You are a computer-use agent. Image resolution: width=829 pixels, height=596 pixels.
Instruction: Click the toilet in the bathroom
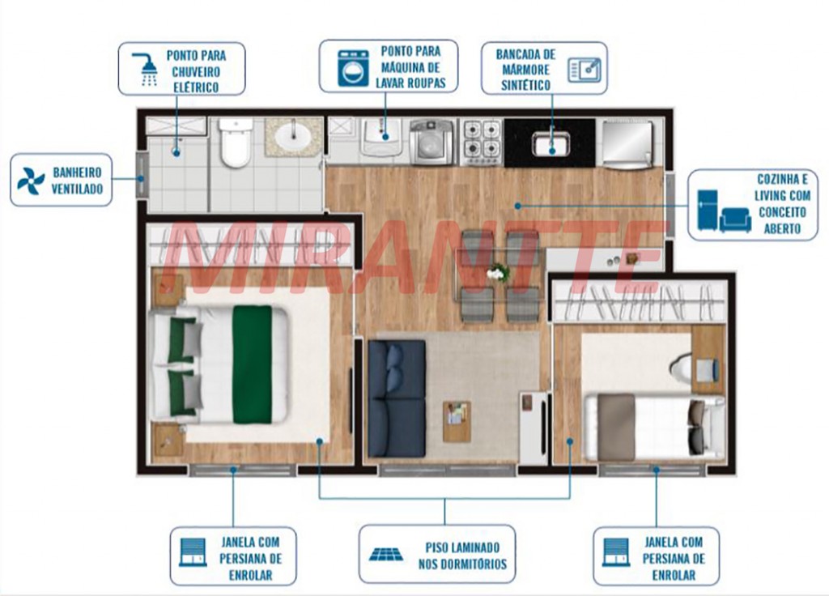tap(236, 142)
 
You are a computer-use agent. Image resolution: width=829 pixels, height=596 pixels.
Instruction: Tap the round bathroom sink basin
tap(293, 135)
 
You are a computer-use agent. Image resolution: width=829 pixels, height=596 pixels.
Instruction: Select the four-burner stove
tap(481, 142)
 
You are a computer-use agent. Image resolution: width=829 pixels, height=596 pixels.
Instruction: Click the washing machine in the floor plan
tap(432, 142)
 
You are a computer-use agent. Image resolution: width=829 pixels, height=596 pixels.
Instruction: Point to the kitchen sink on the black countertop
tap(551, 143)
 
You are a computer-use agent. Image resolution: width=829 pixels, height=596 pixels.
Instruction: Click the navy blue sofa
tap(397, 398)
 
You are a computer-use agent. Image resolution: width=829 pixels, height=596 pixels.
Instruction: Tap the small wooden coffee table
tap(457, 421)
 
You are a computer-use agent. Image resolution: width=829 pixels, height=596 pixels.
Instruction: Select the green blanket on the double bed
tap(253, 364)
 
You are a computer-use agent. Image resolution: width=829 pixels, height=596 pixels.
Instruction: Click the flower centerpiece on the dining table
tap(498, 273)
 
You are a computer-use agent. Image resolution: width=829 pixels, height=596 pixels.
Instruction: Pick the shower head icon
tap(146, 70)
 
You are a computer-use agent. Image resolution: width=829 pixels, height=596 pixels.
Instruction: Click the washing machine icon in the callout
tap(353, 68)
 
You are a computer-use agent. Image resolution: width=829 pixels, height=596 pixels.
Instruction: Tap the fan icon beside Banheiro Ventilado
tap(31, 181)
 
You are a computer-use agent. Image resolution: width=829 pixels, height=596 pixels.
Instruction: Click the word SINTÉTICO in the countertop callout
tap(526, 85)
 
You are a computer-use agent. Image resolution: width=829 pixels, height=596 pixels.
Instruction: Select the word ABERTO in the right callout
tap(782, 229)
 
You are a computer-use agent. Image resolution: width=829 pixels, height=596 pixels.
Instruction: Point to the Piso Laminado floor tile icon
tap(385, 554)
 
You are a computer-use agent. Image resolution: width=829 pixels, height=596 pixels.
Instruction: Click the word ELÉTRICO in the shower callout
tap(196, 87)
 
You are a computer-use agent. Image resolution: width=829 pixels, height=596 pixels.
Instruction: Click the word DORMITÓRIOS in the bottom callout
tap(462, 564)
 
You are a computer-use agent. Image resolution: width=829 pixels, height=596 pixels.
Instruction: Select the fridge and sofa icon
tap(724, 211)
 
